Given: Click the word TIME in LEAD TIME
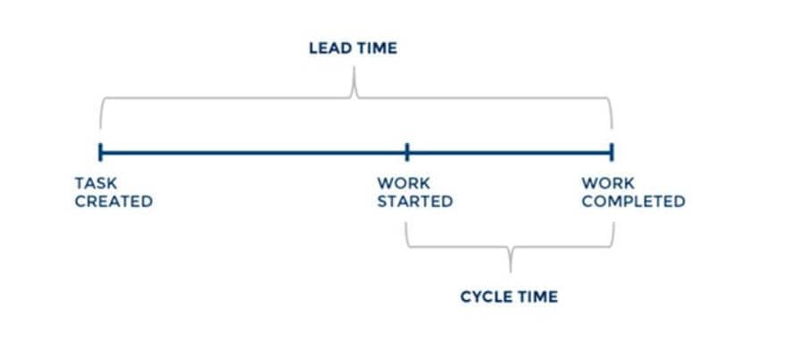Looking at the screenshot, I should (x=375, y=48).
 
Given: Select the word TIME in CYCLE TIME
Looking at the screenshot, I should (x=536, y=297).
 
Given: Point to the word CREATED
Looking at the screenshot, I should (x=113, y=202).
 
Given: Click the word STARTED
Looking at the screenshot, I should (x=414, y=202).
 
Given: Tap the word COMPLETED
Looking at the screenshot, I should (x=633, y=202).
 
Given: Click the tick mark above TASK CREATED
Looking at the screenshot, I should (x=101, y=151).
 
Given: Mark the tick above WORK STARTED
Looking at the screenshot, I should (x=407, y=151).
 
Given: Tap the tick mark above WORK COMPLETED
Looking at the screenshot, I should (x=613, y=151).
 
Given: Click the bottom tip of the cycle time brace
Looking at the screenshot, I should (x=511, y=267).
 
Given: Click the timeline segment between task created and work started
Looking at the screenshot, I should (x=254, y=151).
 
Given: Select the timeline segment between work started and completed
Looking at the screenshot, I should (x=510, y=151).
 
